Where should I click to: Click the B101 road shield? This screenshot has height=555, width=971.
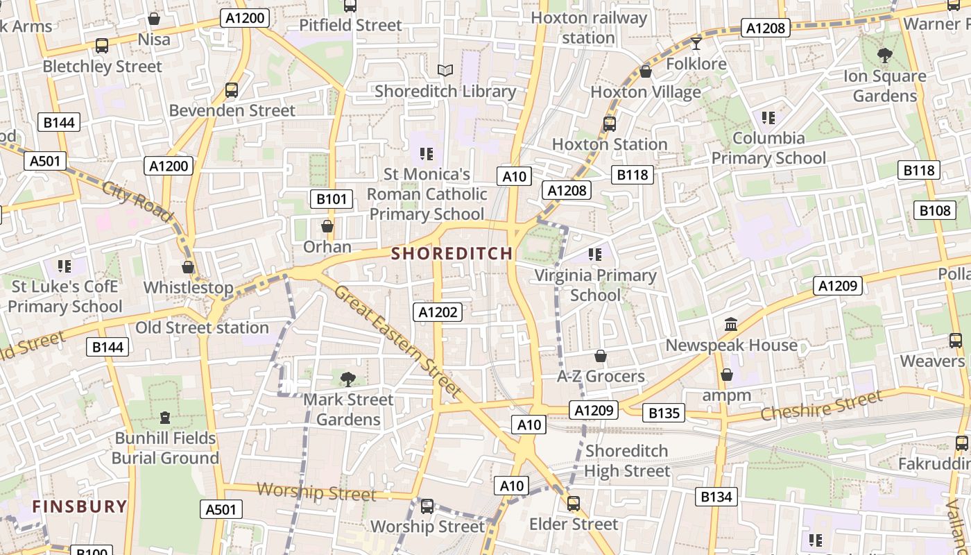(x=331, y=200)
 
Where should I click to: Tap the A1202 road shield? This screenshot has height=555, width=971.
(x=438, y=312)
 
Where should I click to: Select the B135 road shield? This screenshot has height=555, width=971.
(x=664, y=413)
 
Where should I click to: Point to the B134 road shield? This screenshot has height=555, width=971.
(x=716, y=497)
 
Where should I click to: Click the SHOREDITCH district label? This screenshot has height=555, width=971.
(x=452, y=254)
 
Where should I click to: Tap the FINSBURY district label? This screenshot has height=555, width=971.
(x=80, y=506)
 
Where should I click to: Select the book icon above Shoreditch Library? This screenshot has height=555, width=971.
(x=445, y=70)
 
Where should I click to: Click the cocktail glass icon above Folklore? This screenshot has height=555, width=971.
(x=696, y=44)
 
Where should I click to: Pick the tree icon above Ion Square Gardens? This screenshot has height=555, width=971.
(x=884, y=55)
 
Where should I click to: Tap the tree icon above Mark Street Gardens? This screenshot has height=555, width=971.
(x=348, y=379)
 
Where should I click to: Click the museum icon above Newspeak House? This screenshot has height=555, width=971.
(x=731, y=324)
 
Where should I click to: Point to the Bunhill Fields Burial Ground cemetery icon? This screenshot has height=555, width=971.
(x=165, y=418)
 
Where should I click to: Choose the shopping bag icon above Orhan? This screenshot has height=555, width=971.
(x=327, y=226)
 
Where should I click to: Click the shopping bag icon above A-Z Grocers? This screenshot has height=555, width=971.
(x=601, y=356)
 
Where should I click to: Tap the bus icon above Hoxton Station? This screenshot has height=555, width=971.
(x=609, y=123)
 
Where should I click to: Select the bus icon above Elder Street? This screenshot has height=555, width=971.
(x=573, y=504)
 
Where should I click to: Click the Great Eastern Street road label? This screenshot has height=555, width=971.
(x=397, y=341)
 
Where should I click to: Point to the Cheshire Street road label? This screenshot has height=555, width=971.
(x=821, y=406)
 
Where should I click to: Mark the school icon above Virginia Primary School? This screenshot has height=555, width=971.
(x=594, y=255)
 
